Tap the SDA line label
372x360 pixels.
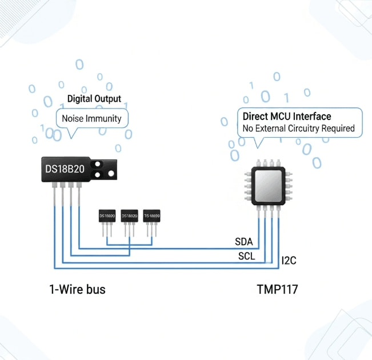pyautogui.click(x=244, y=242)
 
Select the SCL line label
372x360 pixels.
pyautogui.click(x=247, y=256)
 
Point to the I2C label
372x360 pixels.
pyautogui.click(x=289, y=261)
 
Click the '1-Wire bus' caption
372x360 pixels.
pyautogui.click(x=77, y=290)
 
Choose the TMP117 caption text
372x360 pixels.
pyautogui.click(x=277, y=290)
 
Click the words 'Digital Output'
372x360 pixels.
pyautogui.click(x=94, y=99)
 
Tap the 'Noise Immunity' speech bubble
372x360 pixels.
pyautogui.click(x=92, y=119)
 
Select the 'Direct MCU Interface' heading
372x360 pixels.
pyautogui.click(x=287, y=117)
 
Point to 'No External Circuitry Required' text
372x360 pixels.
pyautogui.click(x=298, y=129)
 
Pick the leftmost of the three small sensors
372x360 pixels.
pyautogui.click(x=107, y=217)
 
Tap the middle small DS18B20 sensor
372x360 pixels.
pyautogui.click(x=130, y=217)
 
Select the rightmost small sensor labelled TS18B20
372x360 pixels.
pyautogui.click(x=151, y=217)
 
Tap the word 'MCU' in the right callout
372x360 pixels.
pyautogui.click(x=282, y=117)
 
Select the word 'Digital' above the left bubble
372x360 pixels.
pyautogui.click(x=81, y=99)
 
